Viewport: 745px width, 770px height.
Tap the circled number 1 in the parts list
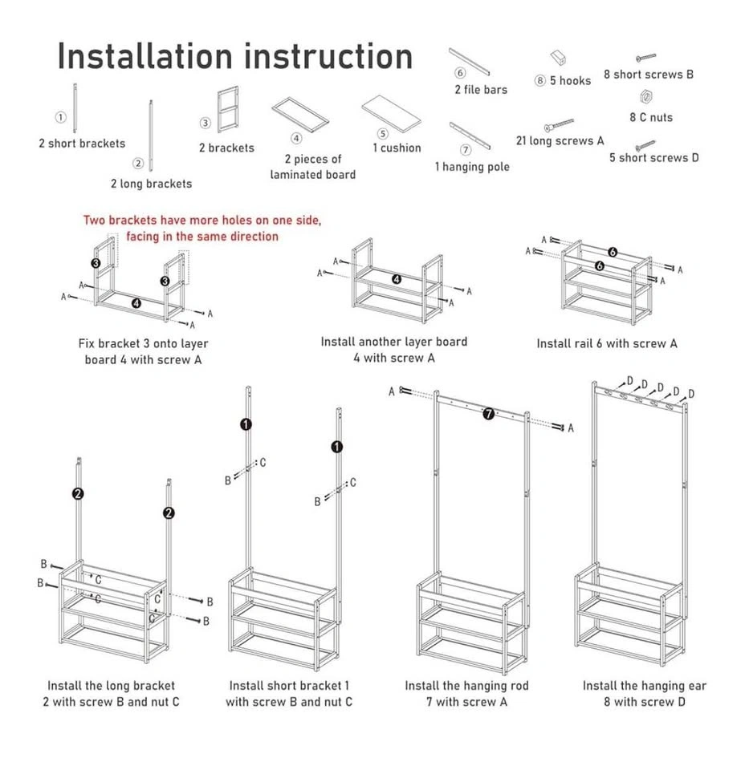60,117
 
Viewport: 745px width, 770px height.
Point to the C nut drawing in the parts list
644,97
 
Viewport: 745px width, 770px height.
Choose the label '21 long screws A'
560,141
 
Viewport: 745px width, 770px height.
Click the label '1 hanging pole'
472,167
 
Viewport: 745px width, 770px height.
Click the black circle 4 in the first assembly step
136,303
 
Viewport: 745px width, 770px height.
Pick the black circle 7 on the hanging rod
488,414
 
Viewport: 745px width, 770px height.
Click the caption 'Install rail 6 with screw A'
607,343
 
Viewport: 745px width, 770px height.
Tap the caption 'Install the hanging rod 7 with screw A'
466,694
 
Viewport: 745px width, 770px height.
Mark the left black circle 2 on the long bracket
78,494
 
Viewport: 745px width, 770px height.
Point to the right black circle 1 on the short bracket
336,447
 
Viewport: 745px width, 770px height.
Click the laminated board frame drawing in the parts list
300,114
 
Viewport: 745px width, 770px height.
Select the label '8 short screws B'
649,75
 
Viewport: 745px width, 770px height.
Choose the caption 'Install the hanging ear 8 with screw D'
644,694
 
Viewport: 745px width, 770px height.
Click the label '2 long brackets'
151,184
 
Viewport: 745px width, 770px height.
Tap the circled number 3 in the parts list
206,124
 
